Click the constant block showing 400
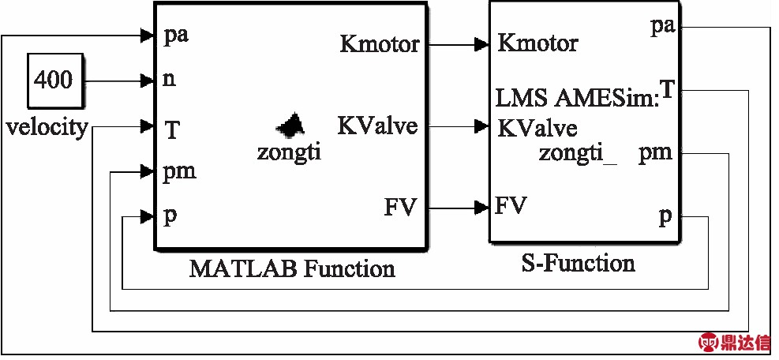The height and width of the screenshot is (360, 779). (x=53, y=80)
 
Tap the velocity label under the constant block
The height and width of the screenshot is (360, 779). (x=47, y=127)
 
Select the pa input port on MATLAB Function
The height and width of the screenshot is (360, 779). (x=176, y=36)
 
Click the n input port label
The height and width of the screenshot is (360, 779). (x=169, y=80)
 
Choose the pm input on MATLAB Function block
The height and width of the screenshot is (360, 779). (x=179, y=171)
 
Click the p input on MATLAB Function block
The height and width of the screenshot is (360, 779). (x=169, y=216)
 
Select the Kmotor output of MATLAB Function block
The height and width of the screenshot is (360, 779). (x=380, y=44)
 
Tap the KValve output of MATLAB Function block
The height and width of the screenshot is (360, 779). (x=377, y=126)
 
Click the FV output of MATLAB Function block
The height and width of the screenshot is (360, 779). (x=400, y=208)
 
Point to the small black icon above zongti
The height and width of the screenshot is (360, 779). (x=290, y=123)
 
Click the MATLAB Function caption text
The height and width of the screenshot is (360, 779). (x=292, y=268)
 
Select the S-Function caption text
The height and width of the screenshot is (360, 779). (x=579, y=262)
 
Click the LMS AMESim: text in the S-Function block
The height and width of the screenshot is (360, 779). (x=577, y=98)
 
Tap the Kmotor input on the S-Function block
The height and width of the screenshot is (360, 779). (x=537, y=43)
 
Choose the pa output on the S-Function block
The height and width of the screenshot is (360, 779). (x=662, y=26)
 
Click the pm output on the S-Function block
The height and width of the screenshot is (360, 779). (x=655, y=152)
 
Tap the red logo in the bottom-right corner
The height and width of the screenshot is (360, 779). (x=733, y=342)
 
